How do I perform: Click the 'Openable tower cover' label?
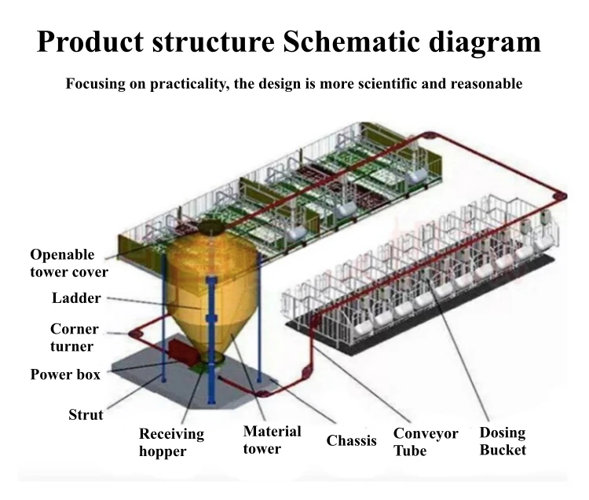(x=69, y=263)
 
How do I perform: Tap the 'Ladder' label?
(x=76, y=298)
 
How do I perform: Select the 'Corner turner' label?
(x=72, y=338)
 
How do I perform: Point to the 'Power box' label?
(x=65, y=374)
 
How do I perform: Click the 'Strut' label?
(x=86, y=414)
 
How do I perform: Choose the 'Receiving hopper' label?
(x=171, y=442)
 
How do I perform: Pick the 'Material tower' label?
(x=272, y=440)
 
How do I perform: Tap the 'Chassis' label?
(x=352, y=440)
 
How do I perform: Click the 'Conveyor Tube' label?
(x=426, y=442)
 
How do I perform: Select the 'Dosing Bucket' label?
(x=503, y=441)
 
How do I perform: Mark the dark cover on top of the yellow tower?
(x=211, y=227)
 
